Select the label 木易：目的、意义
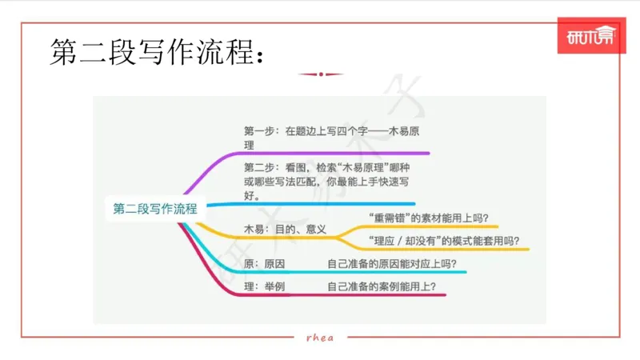pos(285,229)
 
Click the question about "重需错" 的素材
pos(429,218)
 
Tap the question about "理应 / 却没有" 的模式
pos(443,240)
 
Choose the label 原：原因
pos(265,264)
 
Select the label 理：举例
pos(265,286)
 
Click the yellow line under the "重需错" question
pos(432,227)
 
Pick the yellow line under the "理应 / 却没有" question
pos(448,250)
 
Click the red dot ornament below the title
pos(320,74)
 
